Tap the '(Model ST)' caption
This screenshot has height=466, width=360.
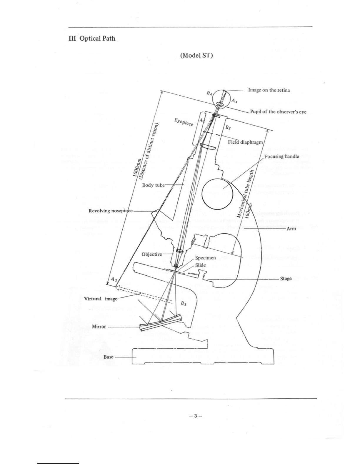pos(196,55)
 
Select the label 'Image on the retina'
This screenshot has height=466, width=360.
pos(269,90)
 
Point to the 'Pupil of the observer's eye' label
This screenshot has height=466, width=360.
pos(278,112)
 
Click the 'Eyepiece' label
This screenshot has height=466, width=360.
pos(184,122)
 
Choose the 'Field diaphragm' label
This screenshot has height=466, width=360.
pos(246,142)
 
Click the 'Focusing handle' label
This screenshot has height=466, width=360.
pos(281,156)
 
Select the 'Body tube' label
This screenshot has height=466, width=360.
pos(153,185)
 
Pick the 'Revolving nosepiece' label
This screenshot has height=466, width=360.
pos(111,211)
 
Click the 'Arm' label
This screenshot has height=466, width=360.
pos(291,229)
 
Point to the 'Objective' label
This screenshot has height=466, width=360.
pos(152,254)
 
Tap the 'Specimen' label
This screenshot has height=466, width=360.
pos(206,258)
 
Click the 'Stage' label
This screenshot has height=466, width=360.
pos(286,278)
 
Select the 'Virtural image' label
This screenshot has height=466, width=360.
pos(101,299)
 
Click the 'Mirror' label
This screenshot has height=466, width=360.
pos(99,327)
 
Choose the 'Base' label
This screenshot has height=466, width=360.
pos(108,357)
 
